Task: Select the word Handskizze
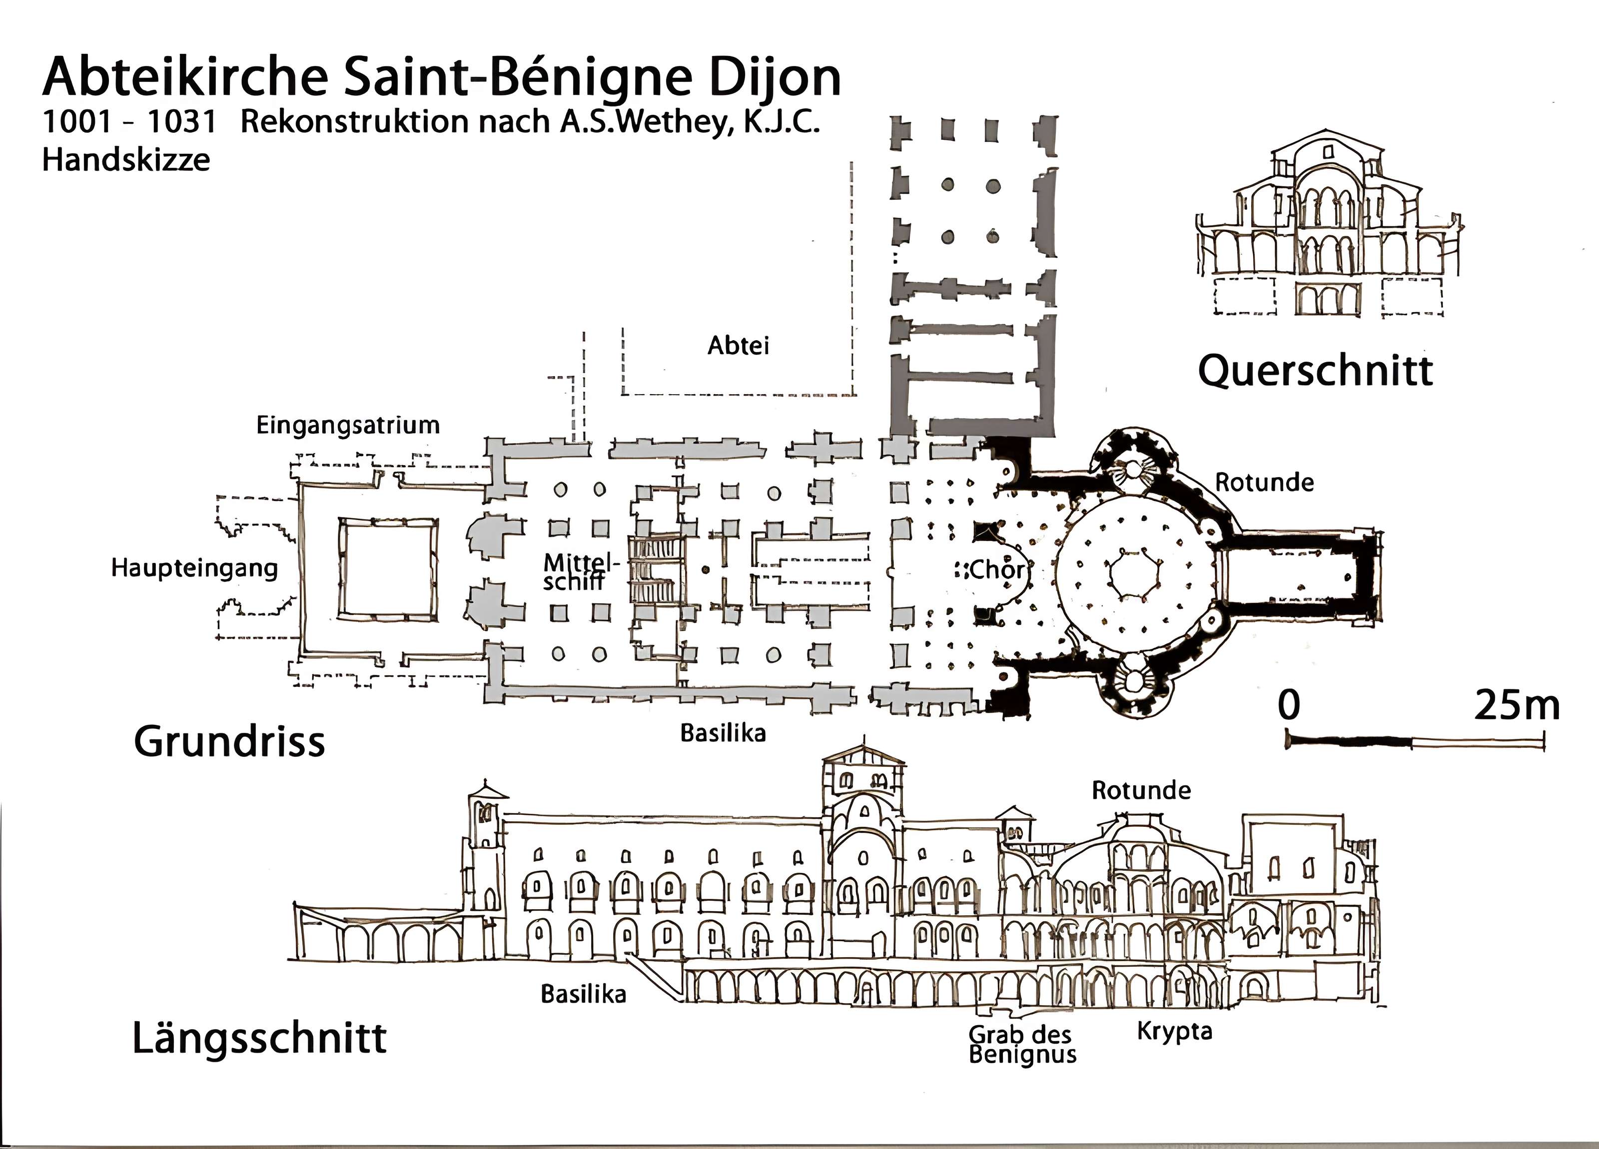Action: pyautogui.click(x=126, y=160)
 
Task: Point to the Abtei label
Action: pyautogui.click(x=738, y=345)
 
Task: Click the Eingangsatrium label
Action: pyautogui.click(x=348, y=425)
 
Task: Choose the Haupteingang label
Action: pyautogui.click(x=194, y=568)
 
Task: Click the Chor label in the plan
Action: pyautogui.click(x=996, y=570)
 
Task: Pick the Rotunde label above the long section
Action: pyautogui.click(x=1141, y=790)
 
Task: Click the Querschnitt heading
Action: pyautogui.click(x=1315, y=371)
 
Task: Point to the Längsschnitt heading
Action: pyautogui.click(x=259, y=1038)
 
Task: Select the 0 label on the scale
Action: pyautogui.click(x=1289, y=704)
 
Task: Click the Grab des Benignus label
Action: pyautogui.click(x=1021, y=1044)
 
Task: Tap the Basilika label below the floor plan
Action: pyautogui.click(x=723, y=733)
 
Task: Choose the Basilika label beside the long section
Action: pyautogui.click(x=583, y=994)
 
